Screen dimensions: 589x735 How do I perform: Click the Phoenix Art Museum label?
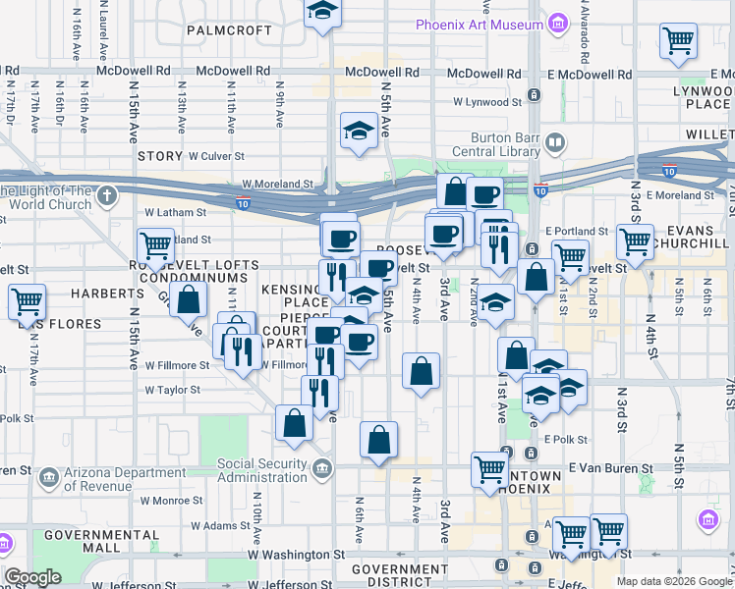tap(479, 25)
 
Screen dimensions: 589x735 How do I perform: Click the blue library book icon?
tap(555, 144)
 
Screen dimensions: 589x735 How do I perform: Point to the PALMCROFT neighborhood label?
tap(230, 30)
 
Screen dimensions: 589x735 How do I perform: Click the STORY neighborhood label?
tap(160, 156)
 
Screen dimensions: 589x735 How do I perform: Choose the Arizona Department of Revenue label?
tap(111, 479)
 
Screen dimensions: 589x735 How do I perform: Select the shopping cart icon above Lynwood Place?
tap(678, 41)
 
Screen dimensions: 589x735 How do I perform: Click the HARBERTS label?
tap(86, 294)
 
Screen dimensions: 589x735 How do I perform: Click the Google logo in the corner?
tap(32, 577)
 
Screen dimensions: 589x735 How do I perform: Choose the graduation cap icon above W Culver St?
tap(359, 129)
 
